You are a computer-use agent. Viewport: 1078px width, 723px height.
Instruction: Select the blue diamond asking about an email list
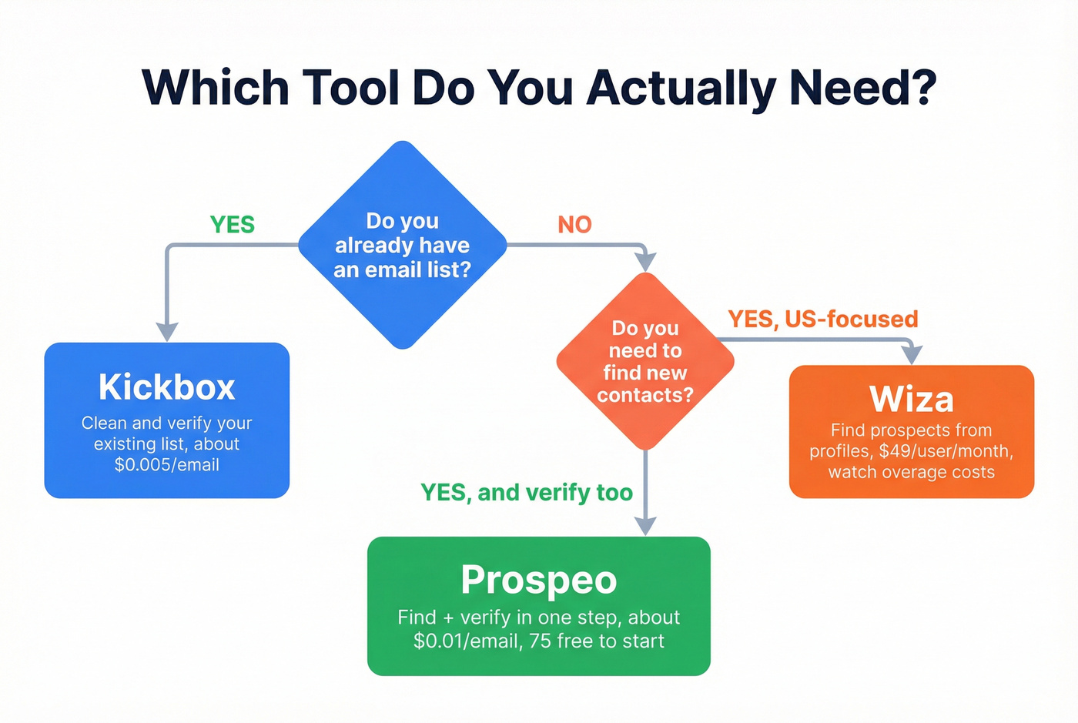point(402,245)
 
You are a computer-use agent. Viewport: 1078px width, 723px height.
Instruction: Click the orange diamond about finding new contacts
point(645,361)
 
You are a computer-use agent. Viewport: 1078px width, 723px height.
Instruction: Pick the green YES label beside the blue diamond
point(233,224)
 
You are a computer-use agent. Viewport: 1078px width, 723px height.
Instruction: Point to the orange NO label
point(574,224)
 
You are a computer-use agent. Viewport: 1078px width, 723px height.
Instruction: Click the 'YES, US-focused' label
point(822,319)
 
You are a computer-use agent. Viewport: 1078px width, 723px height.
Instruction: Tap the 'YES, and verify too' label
point(527,492)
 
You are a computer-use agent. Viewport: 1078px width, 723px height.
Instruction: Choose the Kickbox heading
point(167,387)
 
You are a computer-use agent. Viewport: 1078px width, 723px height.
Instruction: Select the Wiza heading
point(911,399)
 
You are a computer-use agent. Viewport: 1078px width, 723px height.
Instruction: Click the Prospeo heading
point(539,580)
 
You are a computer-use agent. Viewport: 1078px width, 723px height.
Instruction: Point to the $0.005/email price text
point(167,465)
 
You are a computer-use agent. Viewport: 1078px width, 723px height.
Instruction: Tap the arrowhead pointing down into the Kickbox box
point(167,331)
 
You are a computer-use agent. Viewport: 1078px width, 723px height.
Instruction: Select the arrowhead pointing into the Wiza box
point(912,355)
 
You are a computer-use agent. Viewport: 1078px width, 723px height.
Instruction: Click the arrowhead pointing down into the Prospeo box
point(645,525)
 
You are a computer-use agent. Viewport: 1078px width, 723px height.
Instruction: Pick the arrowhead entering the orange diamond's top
point(645,261)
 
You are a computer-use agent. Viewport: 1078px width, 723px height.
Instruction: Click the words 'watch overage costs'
point(911,472)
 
